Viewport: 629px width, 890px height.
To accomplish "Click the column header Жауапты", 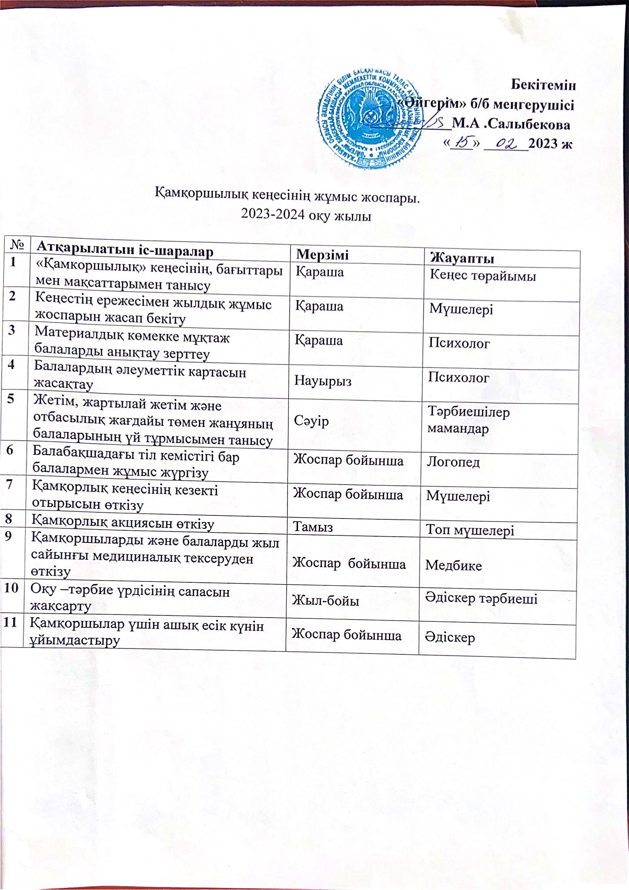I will click(x=462, y=259).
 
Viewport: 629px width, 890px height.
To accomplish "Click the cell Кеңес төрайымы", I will click(x=483, y=276).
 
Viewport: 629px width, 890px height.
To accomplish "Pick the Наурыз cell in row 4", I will click(x=323, y=381).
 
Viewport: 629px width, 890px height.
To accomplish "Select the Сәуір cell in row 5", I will click(x=311, y=421).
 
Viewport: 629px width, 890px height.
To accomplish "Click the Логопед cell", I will click(x=453, y=462).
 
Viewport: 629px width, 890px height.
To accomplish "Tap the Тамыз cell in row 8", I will click(x=313, y=527).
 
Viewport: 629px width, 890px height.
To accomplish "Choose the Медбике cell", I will click(x=454, y=565).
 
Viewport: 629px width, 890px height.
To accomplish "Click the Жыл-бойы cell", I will click(x=325, y=601).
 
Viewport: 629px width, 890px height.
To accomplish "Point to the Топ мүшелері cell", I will click(x=470, y=530).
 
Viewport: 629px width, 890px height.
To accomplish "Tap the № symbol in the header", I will click(x=17, y=245).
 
